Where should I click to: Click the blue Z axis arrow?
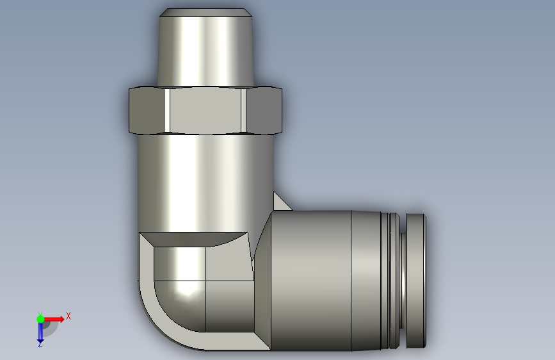point(40,333)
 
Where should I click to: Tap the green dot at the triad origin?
point(40,318)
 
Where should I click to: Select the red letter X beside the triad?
point(68,316)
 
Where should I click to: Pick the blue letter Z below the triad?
point(40,345)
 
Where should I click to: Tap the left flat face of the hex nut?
point(146,110)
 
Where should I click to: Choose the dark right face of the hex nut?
point(264,110)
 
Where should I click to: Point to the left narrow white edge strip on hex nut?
point(166,110)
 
